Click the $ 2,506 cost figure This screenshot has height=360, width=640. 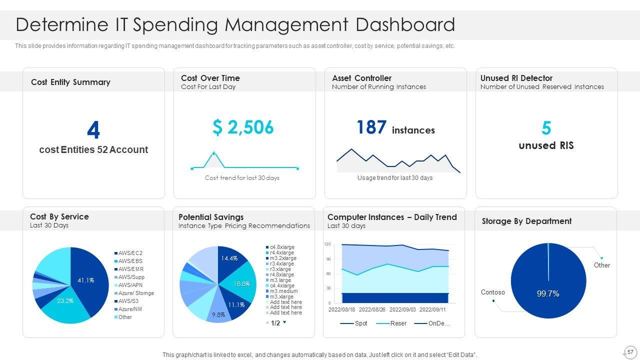click(x=243, y=127)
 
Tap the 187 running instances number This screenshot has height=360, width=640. click(x=371, y=127)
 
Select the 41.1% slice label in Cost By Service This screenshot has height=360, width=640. click(x=86, y=280)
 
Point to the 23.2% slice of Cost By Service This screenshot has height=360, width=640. click(x=65, y=301)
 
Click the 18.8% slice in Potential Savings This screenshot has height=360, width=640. click(x=242, y=283)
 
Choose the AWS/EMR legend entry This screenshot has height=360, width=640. click(x=131, y=269)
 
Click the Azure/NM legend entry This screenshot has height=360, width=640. click(x=130, y=309)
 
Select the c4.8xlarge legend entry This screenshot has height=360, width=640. click(x=282, y=247)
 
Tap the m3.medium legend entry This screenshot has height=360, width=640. click(x=283, y=291)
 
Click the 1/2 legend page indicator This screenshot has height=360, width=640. click(x=275, y=323)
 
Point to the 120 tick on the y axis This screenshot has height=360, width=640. click(x=327, y=244)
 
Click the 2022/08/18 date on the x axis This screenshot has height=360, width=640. click(x=342, y=310)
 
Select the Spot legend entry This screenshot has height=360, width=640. click(x=360, y=323)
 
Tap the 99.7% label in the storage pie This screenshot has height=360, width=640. click(x=548, y=294)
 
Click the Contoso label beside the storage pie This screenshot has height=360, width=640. click(x=493, y=292)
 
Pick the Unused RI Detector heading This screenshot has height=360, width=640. click(x=516, y=78)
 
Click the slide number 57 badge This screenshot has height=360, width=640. click(x=630, y=351)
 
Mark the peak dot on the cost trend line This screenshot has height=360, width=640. click(x=213, y=153)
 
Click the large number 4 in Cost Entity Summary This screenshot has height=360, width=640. click(x=93, y=130)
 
